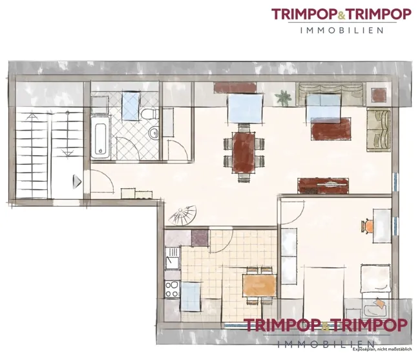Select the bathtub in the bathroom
click(100, 137)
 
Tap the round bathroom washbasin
click(153, 132)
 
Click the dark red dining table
click(244, 153)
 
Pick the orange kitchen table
click(259, 285)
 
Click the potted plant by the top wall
click(284, 98)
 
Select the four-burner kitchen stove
click(173, 289)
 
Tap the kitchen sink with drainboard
click(173, 259)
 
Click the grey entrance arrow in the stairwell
click(77, 182)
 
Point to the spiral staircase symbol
click(182, 215)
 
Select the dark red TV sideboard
click(323, 185)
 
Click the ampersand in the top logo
click(341, 15)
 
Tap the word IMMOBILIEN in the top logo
click(342, 30)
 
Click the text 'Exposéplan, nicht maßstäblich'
click(383, 349)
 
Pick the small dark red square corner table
click(379, 94)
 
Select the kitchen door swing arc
click(222, 240)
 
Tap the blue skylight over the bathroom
click(131, 106)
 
